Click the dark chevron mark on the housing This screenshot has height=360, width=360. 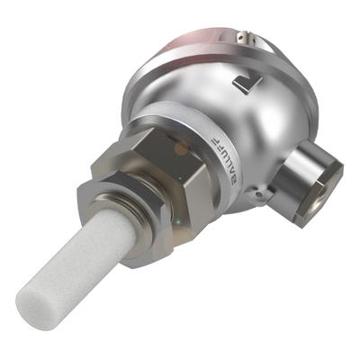tap(247, 84)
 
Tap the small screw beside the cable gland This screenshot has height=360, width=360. tap(258, 194)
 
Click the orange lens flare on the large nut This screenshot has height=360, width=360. tap(181, 148)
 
